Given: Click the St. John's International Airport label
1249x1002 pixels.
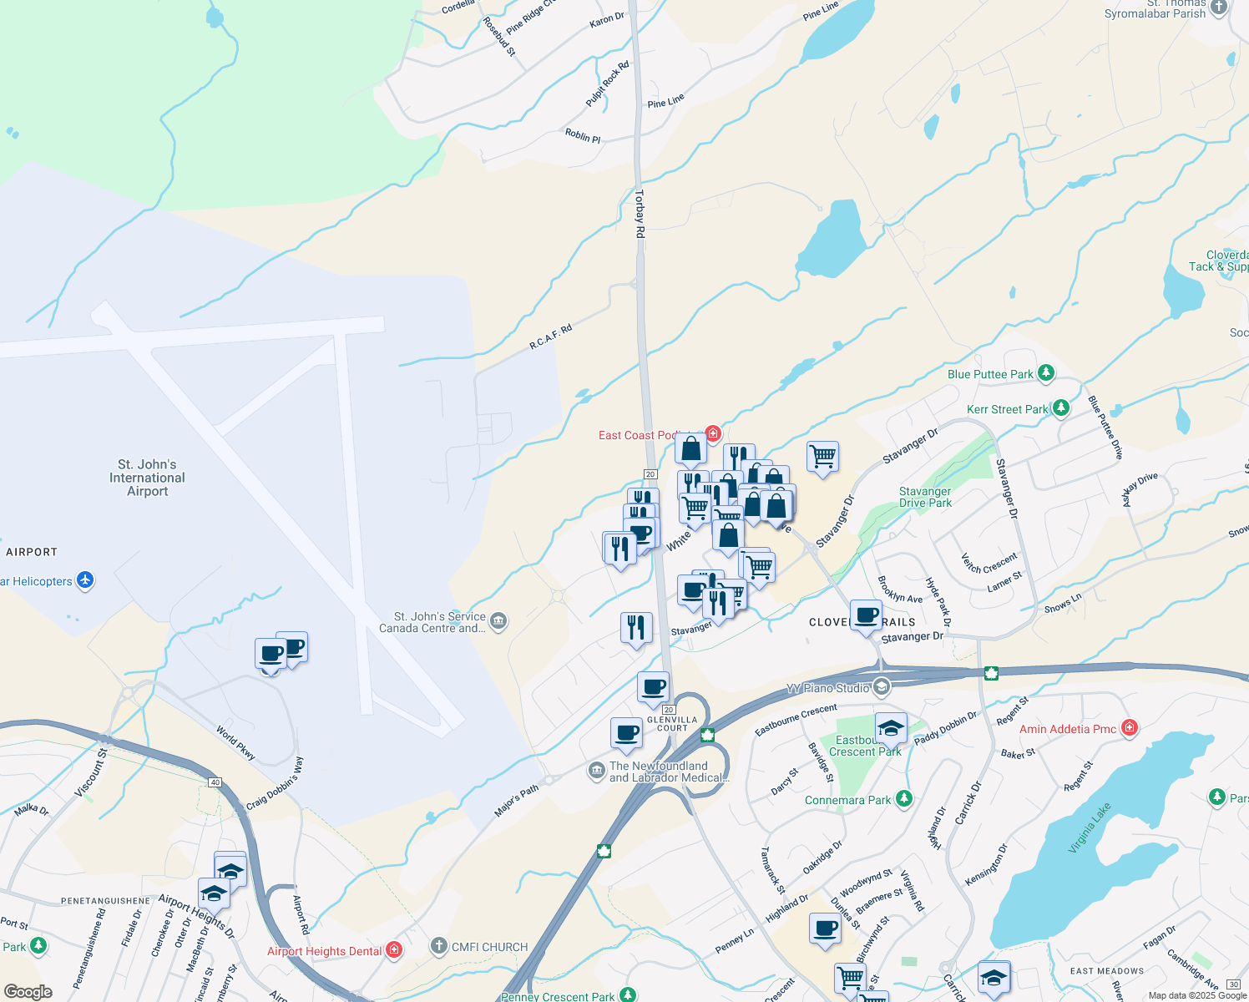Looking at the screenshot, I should coord(147,478).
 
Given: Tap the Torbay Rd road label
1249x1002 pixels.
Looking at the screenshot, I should coord(640,214).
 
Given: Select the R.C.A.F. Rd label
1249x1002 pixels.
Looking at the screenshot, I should coord(551,337).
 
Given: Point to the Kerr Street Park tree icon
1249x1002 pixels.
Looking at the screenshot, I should coord(1060,408).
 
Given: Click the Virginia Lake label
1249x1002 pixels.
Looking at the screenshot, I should coord(1090,827).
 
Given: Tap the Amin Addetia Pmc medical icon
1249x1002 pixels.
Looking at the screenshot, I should coord(1130,728).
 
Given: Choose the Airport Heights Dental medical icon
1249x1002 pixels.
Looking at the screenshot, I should coord(394,950).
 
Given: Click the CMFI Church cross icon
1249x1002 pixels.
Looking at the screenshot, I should coord(439,946).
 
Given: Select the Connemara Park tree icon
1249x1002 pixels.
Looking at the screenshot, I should coord(903,799).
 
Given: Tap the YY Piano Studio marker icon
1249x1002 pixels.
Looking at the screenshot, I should coord(881,687).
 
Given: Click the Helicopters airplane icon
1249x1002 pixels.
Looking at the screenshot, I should coord(85,580).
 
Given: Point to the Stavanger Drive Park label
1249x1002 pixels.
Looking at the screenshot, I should coord(925,497).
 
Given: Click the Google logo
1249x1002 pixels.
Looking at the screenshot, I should coord(28,992).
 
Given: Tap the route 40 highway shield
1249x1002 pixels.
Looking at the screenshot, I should coord(215,782).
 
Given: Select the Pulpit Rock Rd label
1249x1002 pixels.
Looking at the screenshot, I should coord(608,83).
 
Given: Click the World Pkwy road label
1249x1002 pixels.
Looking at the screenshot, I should coord(236,742).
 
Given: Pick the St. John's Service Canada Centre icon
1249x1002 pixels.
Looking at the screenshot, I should coord(498,621).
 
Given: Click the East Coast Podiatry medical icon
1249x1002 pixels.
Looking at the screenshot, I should coord(713,433).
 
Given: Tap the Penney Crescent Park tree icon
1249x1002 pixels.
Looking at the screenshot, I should coord(628,995).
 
